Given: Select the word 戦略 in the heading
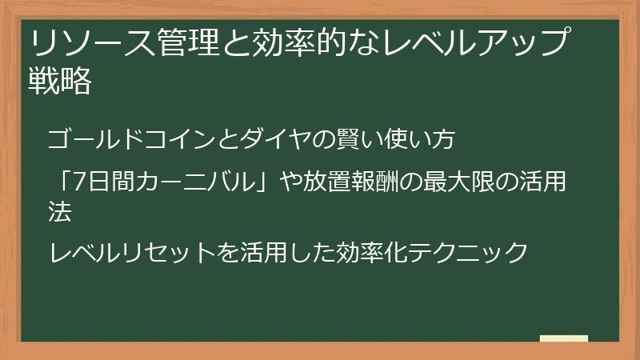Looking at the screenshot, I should click(59, 82).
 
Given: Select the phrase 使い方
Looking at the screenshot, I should click(430, 139).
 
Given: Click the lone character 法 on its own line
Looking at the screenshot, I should click(61, 211).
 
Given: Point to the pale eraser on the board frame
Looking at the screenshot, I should click(563, 338).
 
